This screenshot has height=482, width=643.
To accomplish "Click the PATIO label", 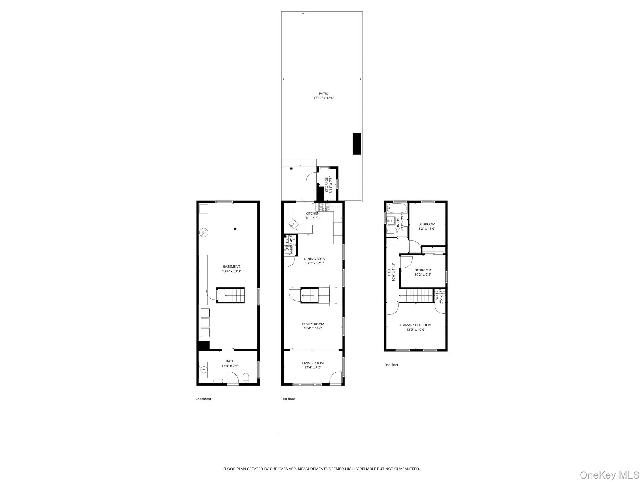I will (323, 94).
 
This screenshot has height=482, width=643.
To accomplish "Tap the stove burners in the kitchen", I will (325, 207).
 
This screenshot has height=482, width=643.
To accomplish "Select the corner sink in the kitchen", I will (293, 224).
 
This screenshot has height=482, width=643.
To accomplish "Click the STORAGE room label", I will (327, 185).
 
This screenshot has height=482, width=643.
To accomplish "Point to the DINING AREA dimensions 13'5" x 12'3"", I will (314, 263).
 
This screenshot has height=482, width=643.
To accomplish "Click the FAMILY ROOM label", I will (313, 324).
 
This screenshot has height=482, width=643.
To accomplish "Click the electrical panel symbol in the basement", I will (204, 233).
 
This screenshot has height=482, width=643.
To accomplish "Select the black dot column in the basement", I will (235, 229).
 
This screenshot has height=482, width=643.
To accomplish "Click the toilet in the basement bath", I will (246, 378).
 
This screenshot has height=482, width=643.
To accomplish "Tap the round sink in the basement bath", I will (203, 370).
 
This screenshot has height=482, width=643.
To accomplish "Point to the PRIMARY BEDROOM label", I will (416, 325).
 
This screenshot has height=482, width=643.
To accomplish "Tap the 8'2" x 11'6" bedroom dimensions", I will (427, 228).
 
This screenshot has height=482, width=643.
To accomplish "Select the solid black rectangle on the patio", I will (357, 143).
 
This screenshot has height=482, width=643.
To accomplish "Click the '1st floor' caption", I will (289, 399).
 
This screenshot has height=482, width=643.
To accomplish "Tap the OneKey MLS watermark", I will (609, 475).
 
